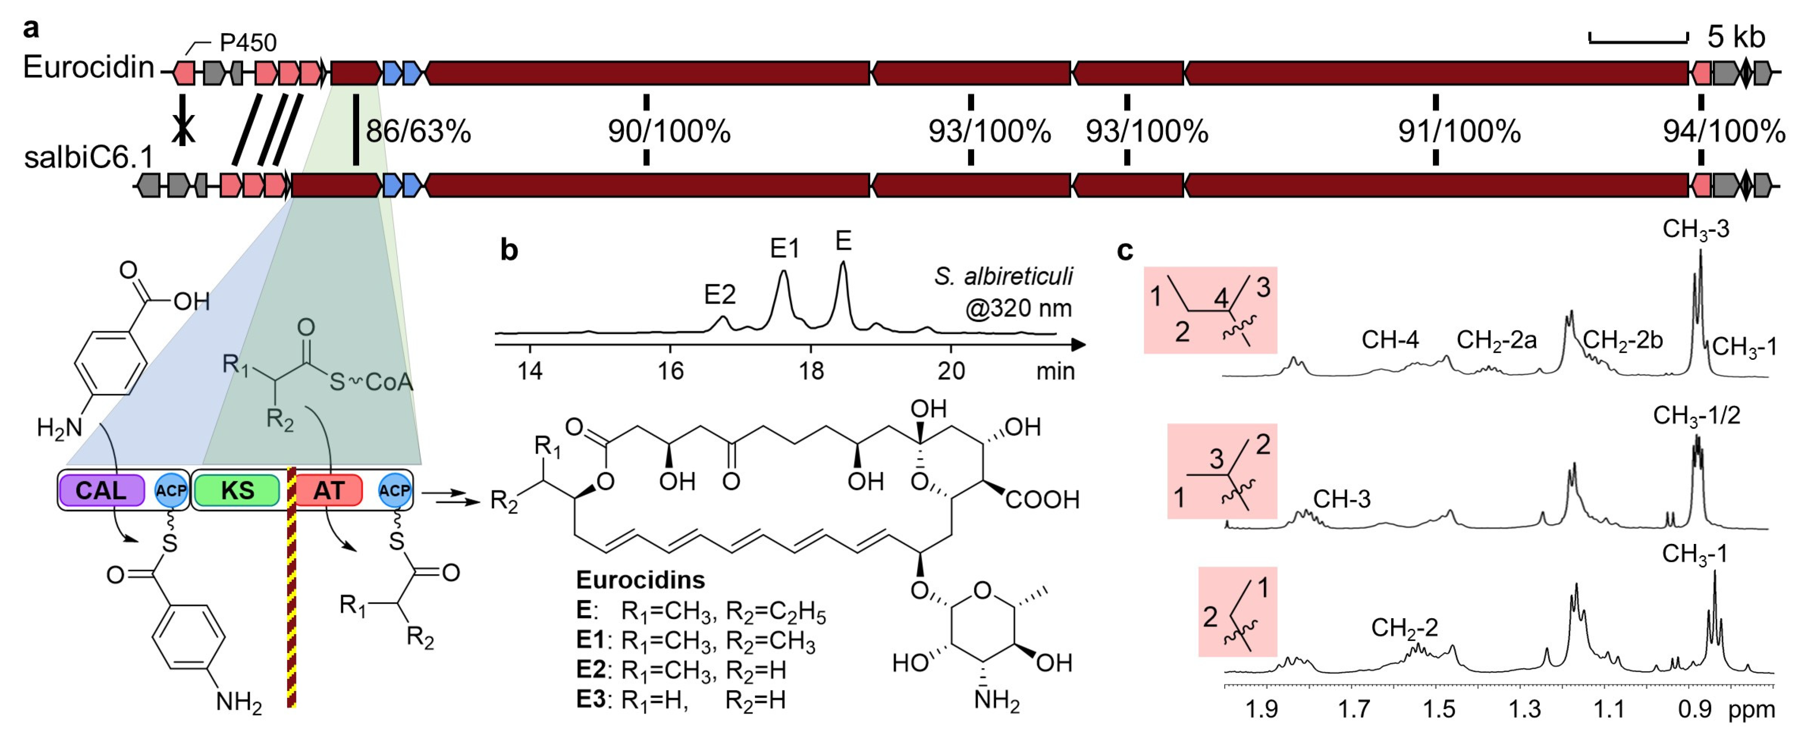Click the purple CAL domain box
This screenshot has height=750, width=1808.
click(x=102, y=490)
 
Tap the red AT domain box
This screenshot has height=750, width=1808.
click(x=328, y=490)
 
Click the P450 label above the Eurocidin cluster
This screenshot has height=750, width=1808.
click(x=248, y=43)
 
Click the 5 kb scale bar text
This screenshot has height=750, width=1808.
click(x=1736, y=37)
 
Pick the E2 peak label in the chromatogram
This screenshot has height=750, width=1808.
click(x=720, y=295)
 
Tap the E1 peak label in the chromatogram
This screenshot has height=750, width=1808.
click(x=784, y=248)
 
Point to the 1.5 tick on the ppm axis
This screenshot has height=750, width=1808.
click(x=1439, y=709)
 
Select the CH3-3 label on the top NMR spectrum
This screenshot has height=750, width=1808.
click(x=1696, y=229)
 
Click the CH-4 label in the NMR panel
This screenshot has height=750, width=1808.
click(x=1390, y=340)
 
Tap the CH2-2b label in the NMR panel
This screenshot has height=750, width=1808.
click(x=1622, y=340)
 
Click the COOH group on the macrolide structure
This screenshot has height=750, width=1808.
click(x=1042, y=500)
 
